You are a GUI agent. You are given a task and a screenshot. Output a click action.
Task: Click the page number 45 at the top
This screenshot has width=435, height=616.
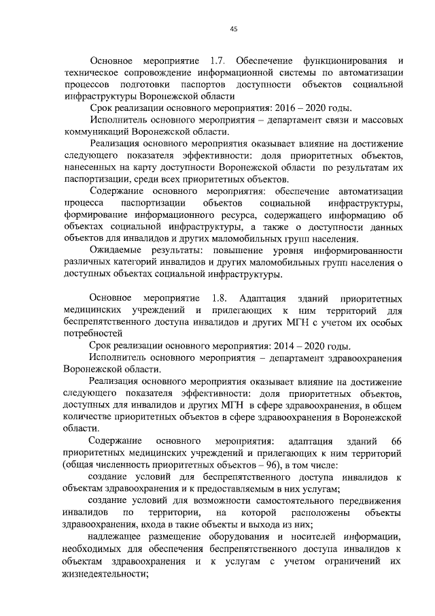pyautogui.click(x=233, y=29)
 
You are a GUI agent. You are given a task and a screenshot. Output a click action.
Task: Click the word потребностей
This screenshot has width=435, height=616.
pyautogui.click(x=92, y=334)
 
